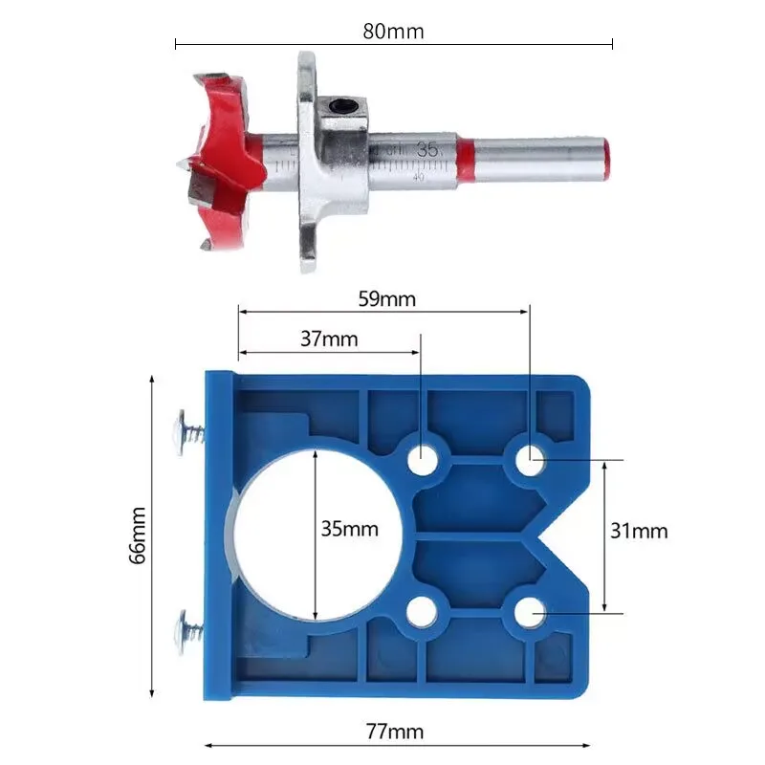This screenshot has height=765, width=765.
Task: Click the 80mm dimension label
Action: click(393, 31)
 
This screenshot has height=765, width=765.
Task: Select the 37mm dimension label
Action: click(328, 339)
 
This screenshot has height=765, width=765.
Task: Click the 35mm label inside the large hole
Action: click(349, 529)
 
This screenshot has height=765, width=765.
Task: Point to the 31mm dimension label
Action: click(640, 531)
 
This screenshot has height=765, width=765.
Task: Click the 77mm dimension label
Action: click(394, 732)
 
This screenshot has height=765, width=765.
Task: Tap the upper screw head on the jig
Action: click(182, 427)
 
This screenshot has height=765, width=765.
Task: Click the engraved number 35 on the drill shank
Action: click(427, 149)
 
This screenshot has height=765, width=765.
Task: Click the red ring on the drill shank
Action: click(465, 160)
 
